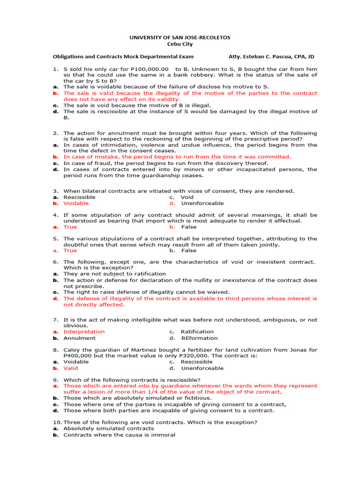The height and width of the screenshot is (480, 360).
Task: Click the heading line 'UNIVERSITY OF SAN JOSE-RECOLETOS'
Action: pos(180,37)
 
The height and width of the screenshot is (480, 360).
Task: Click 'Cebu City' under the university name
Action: pos(180,44)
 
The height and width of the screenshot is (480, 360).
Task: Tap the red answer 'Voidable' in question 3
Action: pos(76,203)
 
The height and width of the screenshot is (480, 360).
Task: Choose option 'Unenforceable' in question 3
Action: pos(196,203)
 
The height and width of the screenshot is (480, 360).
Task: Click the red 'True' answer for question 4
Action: pos(70,227)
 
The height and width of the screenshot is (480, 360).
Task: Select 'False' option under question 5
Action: pos(189,250)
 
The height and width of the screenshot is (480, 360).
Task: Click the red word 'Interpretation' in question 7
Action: pos(84,331)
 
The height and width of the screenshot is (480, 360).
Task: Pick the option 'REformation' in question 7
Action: pos(199,338)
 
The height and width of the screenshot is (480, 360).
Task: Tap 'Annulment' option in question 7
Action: pos(79,338)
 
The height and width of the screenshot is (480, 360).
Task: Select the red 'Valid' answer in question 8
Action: pos(71,368)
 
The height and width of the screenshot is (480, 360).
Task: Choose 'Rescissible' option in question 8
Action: pos(196,361)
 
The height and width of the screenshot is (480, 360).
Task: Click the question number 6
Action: pos(55,262)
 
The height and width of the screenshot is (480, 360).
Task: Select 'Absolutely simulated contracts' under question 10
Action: pos(109,428)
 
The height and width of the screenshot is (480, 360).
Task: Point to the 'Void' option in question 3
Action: pos(187,197)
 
